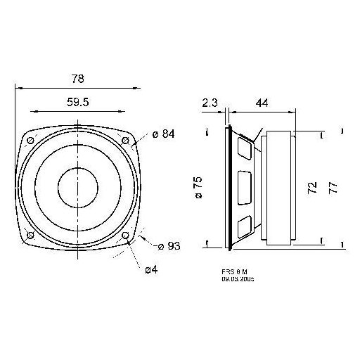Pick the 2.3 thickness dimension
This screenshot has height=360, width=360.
tap(209, 103)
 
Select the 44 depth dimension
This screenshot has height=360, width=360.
tap(261, 103)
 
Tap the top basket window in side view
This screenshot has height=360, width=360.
tap(245, 148)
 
